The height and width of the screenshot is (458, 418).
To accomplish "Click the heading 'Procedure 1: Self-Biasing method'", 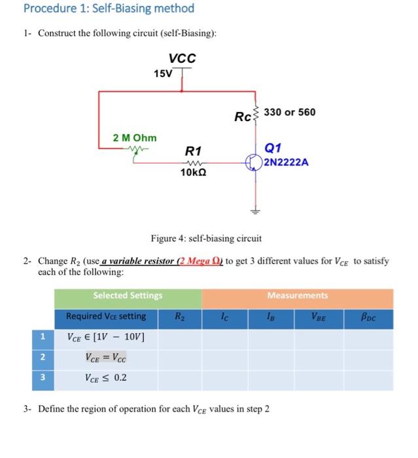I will pos(109,9).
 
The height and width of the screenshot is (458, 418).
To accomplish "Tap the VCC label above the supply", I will pos(182,58).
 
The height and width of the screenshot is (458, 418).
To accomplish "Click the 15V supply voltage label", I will pos(163,73).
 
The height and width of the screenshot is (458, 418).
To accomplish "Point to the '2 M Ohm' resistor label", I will pos(135,138).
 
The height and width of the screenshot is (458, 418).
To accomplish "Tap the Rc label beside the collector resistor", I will pos(243,118).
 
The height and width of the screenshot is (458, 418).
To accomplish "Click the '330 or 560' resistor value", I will pos(289,112).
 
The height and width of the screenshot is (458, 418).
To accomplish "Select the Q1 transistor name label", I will pos(273,148).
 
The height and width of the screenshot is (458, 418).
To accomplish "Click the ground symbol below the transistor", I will pos(256,211).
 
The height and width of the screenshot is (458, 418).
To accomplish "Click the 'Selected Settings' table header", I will pos(128,296).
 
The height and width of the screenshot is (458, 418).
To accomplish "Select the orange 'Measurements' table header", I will pos(298,296).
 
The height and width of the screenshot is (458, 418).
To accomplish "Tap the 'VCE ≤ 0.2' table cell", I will pos(106,378).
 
